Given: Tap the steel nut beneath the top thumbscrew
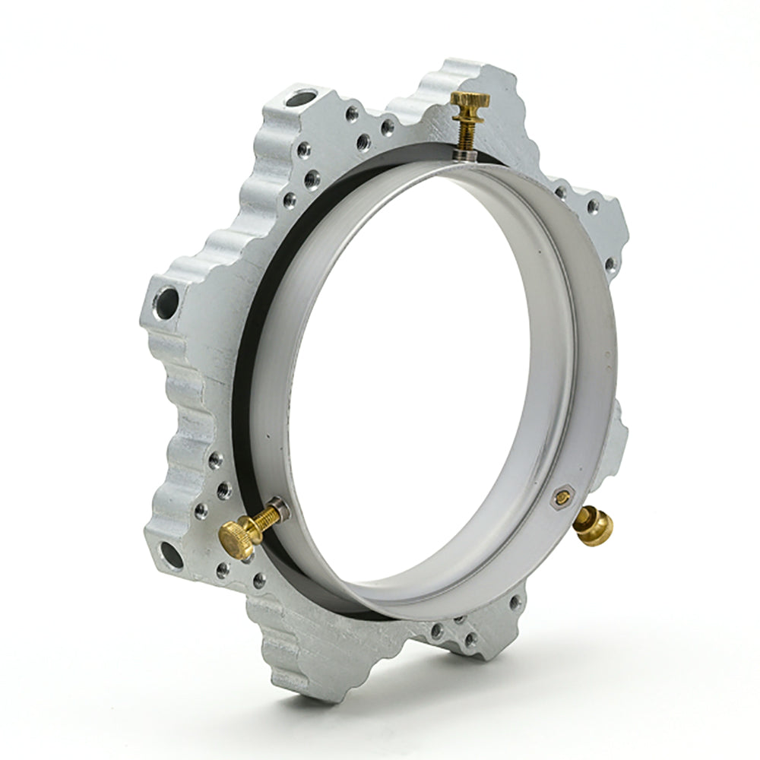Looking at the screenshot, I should click(x=464, y=154).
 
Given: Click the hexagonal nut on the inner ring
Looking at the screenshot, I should click(x=562, y=498).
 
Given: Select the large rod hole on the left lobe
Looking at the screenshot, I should click(x=166, y=302).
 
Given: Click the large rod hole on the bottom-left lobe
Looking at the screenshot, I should click(x=170, y=555).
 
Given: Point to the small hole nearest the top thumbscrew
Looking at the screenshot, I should click(x=388, y=127).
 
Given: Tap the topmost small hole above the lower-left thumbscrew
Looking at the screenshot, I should click(x=216, y=458).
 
